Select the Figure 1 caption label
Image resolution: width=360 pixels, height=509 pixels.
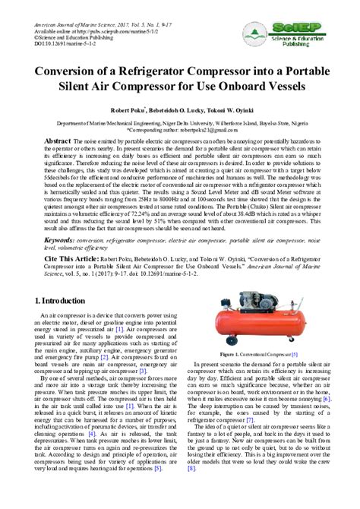[229, 354]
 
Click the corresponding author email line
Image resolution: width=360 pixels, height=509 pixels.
[180, 129]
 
